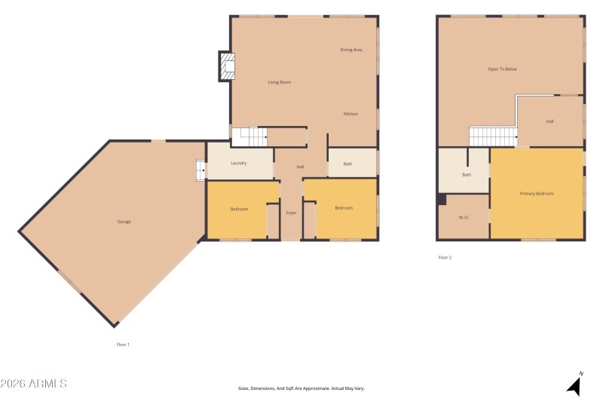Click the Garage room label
click(124, 222)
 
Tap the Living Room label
click(280, 82)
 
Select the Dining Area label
click(351, 50)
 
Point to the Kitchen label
click(350, 114)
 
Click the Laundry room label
click(239, 163)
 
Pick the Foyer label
click(291, 213)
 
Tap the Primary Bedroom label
click(537, 194)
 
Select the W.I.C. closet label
click(464, 218)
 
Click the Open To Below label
click(503, 69)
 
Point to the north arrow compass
click(575, 384)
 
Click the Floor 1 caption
click(123, 345)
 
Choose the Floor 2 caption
click(445, 258)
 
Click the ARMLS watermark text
click(35, 384)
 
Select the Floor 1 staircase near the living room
click(249, 137)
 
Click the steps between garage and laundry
click(200, 171)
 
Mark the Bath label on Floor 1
click(347, 164)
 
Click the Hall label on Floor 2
click(550, 121)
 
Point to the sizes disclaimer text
click(301, 388)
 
